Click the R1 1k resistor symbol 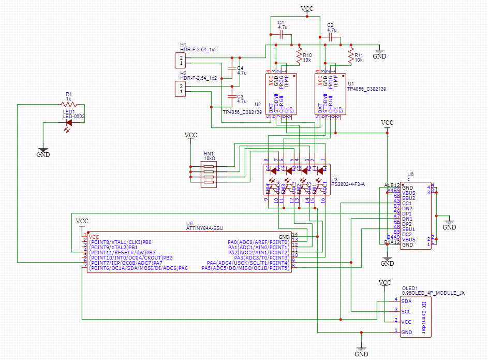tap(69, 105)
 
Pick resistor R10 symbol tap(299, 55)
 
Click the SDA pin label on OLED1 tap(406, 301)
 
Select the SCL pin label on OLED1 tap(406, 311)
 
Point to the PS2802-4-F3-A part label tap(348, 184)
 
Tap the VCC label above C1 tap(307, 9)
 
